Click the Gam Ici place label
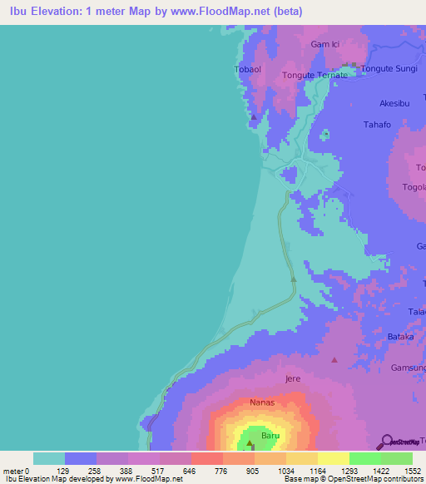tap(326, 44)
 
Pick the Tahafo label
tap(376, 125)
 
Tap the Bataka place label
tap(400, 337)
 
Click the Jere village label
tap(292, 378)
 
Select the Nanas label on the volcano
tap(263, 403)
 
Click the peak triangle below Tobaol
tap(253, 117)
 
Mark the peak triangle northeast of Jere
tap(334, 360)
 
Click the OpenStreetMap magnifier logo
tap(386, 441)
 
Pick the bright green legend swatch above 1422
tap(364, 458)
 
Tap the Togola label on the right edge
tap(414, 187)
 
